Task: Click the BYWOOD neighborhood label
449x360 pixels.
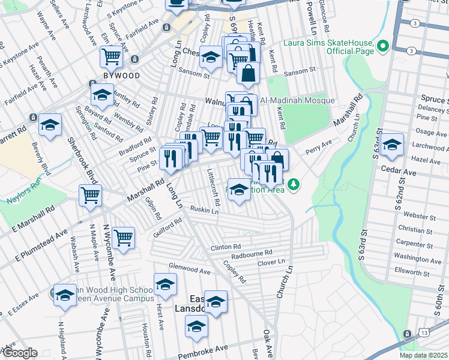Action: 121,76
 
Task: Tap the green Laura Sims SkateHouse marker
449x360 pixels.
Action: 382,46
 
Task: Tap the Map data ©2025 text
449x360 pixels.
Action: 424,356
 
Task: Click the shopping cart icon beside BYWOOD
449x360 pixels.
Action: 111,56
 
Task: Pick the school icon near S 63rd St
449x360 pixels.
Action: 392,145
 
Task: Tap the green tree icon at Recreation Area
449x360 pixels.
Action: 294,185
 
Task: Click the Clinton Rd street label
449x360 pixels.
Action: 226,247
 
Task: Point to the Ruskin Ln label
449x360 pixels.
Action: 204,211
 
